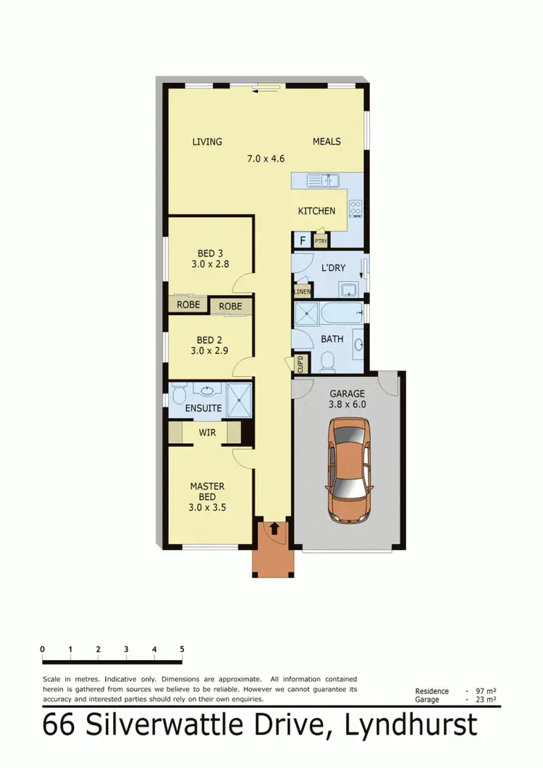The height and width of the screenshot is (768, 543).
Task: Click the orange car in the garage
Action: point(348,472)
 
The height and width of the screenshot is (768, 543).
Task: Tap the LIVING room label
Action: point(207,141)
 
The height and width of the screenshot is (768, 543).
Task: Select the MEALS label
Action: point(327,141)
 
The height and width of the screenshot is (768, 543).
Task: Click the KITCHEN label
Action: point(317,211)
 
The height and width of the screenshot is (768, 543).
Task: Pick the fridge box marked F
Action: point(301,240)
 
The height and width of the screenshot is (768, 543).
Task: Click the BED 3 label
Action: point(210,254)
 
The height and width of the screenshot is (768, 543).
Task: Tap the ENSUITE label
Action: point(203,408)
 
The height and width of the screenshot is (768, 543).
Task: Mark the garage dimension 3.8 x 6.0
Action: point(348,405)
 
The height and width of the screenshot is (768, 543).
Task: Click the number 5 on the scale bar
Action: point(182,648)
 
